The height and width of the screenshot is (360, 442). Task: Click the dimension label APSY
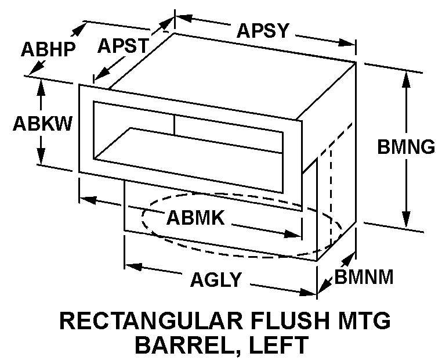point(262,30)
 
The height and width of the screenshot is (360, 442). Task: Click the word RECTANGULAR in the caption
point(136,321)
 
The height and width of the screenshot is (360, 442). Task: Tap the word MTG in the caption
point(364,321)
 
